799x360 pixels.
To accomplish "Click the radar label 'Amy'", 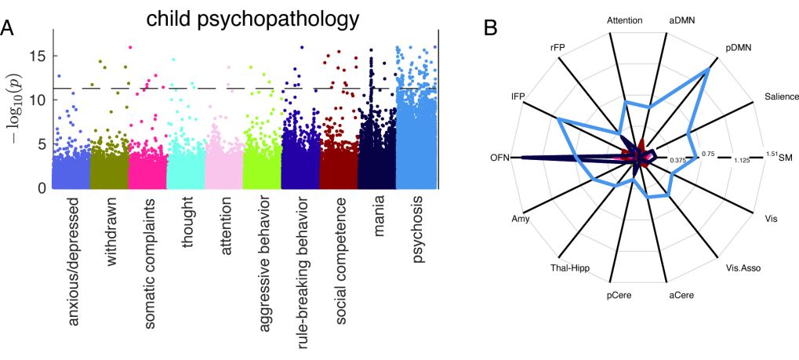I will click(x=518, y=218).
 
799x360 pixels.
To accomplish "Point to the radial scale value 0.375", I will click(x=678, y=161).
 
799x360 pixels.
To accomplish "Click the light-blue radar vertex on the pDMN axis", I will click(x=708, y=69).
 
